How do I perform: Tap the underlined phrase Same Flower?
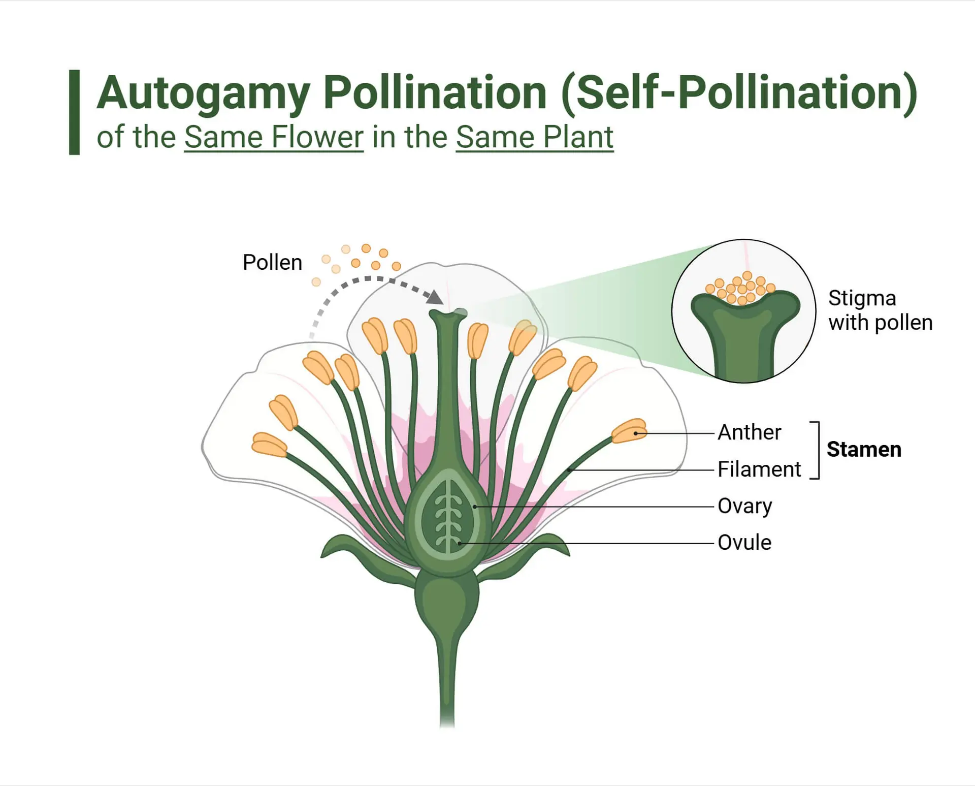[274, 137]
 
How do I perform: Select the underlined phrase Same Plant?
[535, 137]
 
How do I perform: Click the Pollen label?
[272, 263]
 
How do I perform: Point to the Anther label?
[749, 432]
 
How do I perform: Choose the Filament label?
[759, 469]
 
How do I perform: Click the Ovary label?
[744, 506]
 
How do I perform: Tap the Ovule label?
[744, 543]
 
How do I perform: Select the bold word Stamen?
[864, 450]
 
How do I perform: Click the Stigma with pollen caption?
[881, 310]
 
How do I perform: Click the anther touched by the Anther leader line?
[629, 431]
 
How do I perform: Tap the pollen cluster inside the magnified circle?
[741, 288]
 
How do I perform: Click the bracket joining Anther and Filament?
[817, 450]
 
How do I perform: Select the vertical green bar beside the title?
[74, 112]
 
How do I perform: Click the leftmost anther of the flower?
[269, 445]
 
